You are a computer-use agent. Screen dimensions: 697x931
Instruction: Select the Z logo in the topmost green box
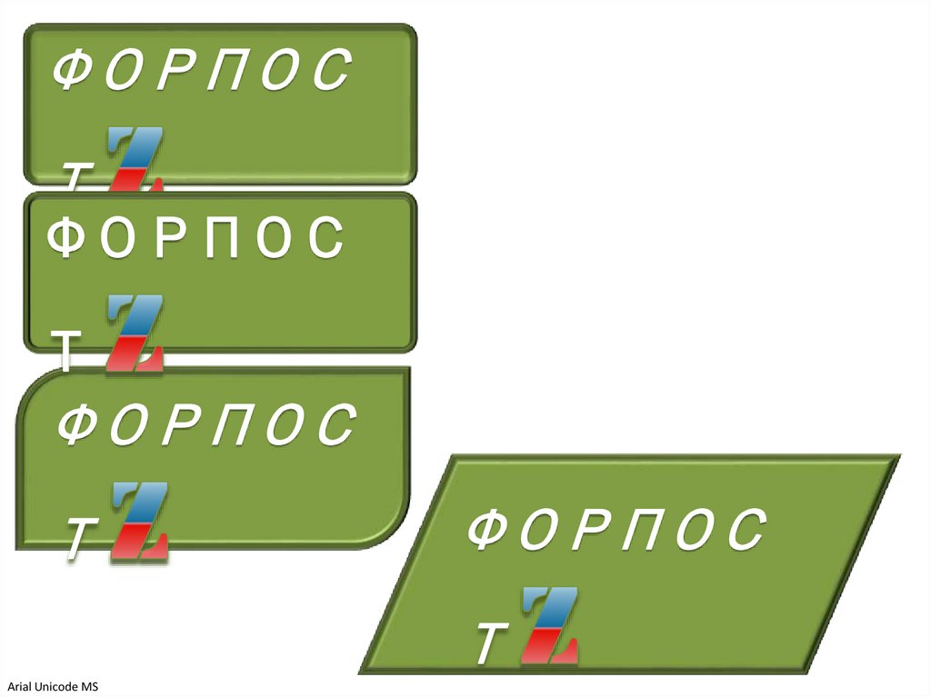[135, 159]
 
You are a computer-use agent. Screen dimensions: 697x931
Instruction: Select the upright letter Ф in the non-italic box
[66, 238]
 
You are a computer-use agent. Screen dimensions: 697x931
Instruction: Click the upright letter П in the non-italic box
[218, 238]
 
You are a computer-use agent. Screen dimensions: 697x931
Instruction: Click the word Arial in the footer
[19, 687]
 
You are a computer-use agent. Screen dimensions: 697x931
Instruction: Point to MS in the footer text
[89, 687]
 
